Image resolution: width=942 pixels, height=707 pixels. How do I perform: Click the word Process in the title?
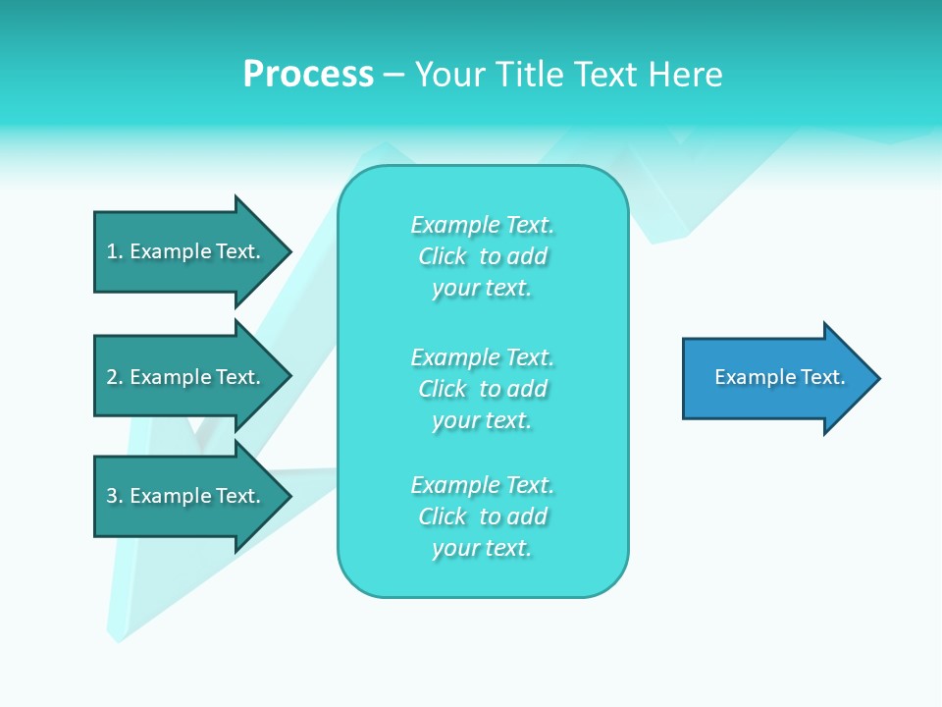click(308, 75)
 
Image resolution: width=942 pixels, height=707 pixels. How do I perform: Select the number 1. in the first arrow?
click(114, 251)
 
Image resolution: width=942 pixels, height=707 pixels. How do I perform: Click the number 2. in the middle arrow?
click(114, 377)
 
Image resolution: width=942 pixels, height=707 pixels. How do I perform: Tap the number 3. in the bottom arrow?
click(114, 496)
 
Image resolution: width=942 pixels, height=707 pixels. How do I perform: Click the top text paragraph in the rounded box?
click(482, 256)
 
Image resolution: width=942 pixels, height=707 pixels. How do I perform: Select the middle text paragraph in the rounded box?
click(482, 389)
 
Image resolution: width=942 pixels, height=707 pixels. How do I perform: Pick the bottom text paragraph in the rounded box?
click(482, 517)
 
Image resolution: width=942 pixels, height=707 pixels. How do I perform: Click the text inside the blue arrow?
click(779, 377)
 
